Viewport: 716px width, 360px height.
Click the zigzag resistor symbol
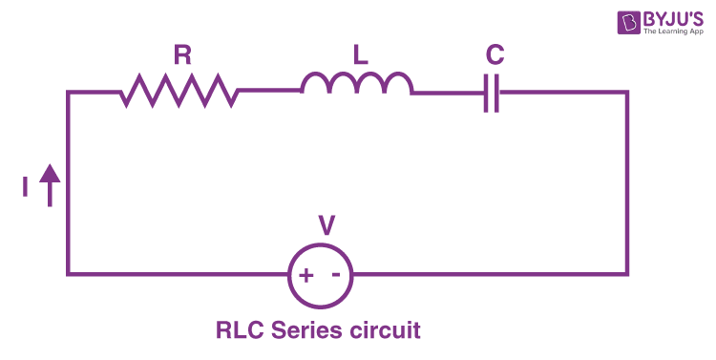[179, 92]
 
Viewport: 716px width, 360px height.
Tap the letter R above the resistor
[181, 56]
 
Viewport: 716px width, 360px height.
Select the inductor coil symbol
[357, 85]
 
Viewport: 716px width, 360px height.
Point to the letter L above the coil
[360, 56]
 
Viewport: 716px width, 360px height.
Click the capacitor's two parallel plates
[492, 93]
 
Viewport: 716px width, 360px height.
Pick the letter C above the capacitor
[494, 56]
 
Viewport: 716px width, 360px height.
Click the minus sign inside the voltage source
[336, 274]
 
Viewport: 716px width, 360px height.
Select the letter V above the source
[326, 226]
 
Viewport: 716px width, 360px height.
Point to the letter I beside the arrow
[25, 188]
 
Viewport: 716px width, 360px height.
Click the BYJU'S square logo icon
[603, 22]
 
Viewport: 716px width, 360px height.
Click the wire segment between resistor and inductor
[269, 91]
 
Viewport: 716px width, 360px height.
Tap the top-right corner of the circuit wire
[627, 93]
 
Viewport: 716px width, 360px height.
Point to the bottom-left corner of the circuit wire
[68, 275]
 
